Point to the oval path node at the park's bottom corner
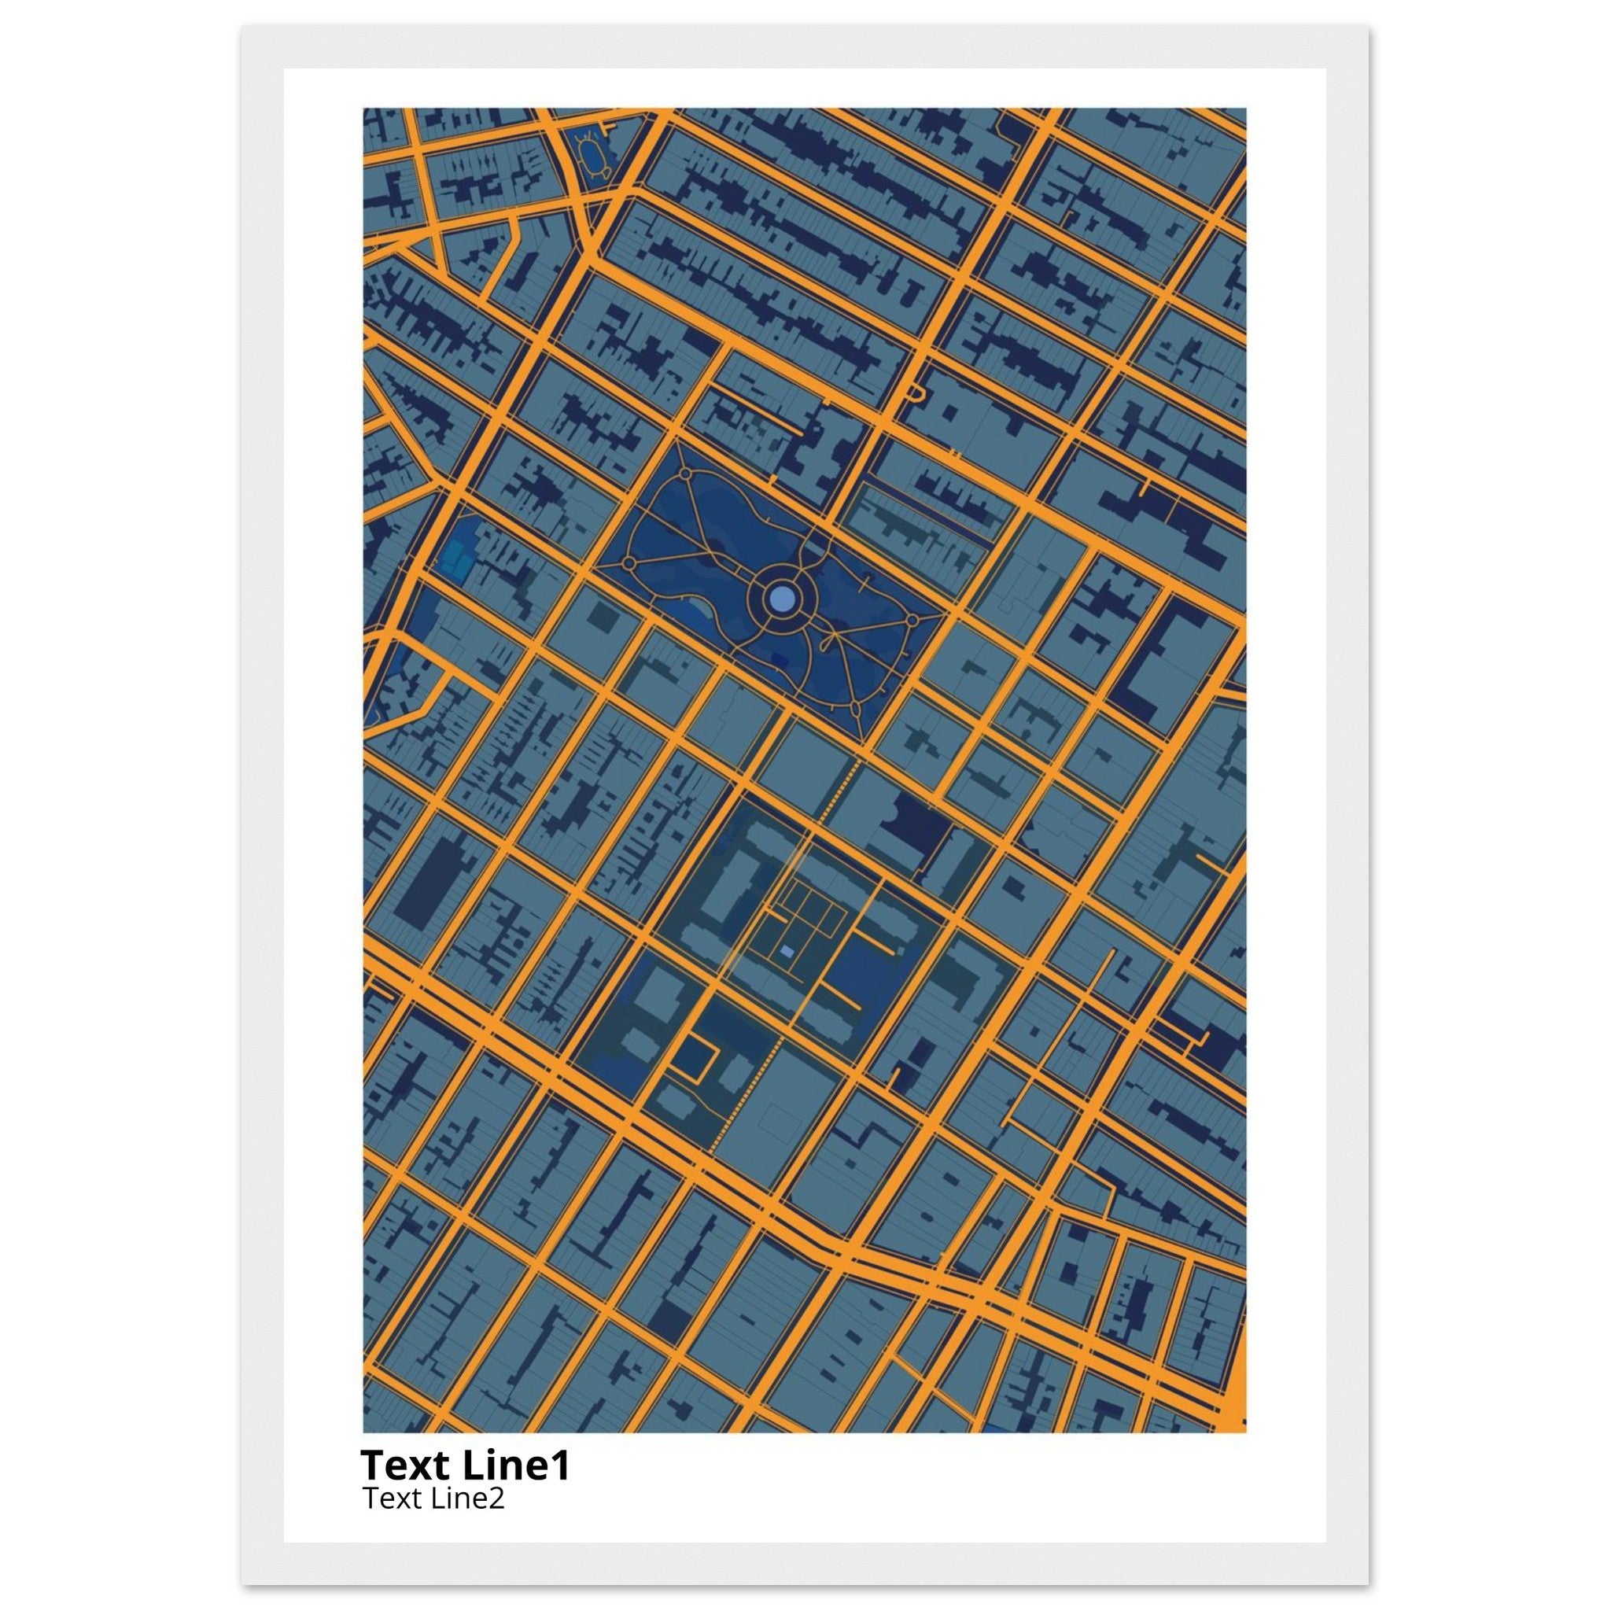pyautogui.click(x=855, y=710)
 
